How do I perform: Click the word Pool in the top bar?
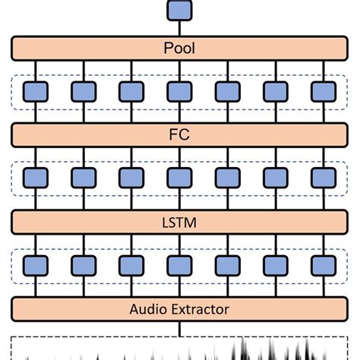click(x=180, y=48)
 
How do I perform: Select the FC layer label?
click(x=180, y=134)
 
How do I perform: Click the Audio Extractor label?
click(x=180, y=308)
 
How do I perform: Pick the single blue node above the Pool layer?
click(x=180, y=10)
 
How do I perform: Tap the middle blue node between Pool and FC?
click(x=180, y=92)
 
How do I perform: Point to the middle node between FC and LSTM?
click(x=180, y=178)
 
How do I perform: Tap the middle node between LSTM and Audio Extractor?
click(x=180, y=265)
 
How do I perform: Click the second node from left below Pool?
click(x=84, y=92)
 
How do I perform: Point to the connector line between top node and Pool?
click(x=180, y=28)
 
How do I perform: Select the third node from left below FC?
click(x=131, y=178)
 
